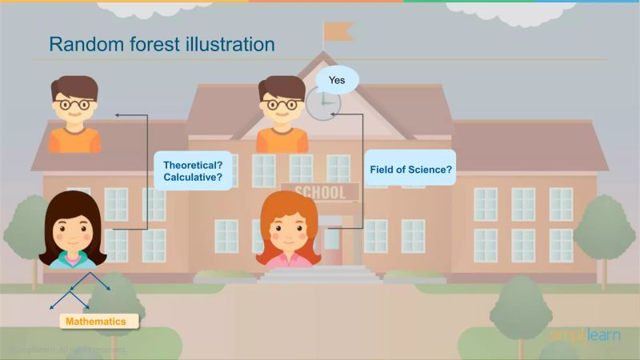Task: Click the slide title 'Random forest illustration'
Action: [162, 43]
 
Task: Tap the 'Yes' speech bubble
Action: [337, 79]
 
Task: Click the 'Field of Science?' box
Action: [410, 170]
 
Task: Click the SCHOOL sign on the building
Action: [319, 192]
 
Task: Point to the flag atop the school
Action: [338, 31]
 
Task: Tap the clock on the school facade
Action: [323, 103]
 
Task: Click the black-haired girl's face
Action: [72, 231]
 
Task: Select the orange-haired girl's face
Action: [289, 230]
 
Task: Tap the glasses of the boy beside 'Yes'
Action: [282, 104]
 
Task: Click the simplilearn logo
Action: [584, 334]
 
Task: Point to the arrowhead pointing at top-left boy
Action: [118, 115]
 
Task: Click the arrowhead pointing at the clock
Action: [335, 114]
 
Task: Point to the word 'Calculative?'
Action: [193, 178]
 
